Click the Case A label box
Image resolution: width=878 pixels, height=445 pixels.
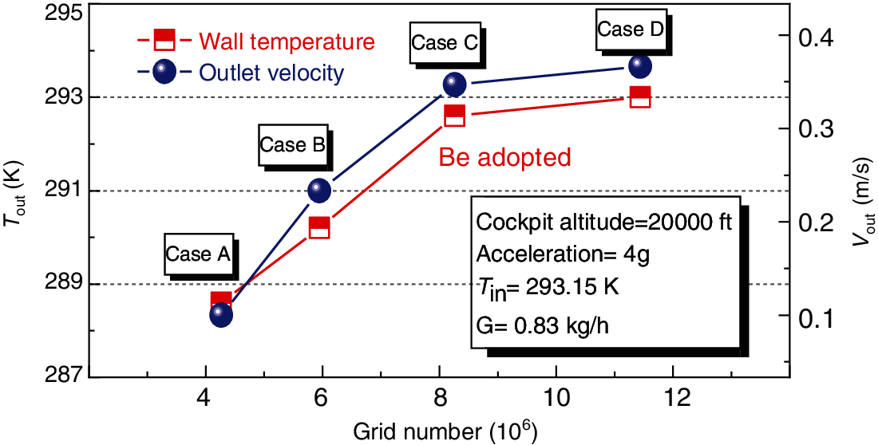198,254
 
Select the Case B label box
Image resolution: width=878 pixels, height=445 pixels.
293,145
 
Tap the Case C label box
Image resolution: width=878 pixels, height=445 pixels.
445,44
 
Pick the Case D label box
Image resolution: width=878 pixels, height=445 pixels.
631,30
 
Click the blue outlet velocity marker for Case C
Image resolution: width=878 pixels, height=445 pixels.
454,84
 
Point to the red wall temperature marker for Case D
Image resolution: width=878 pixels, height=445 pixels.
640,97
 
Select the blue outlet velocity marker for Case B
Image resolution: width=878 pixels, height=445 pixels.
319,190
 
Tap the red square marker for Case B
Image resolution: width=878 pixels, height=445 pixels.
319,227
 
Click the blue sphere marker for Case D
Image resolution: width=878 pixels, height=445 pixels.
640,65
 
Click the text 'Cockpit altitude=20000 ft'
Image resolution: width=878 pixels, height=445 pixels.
603,222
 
